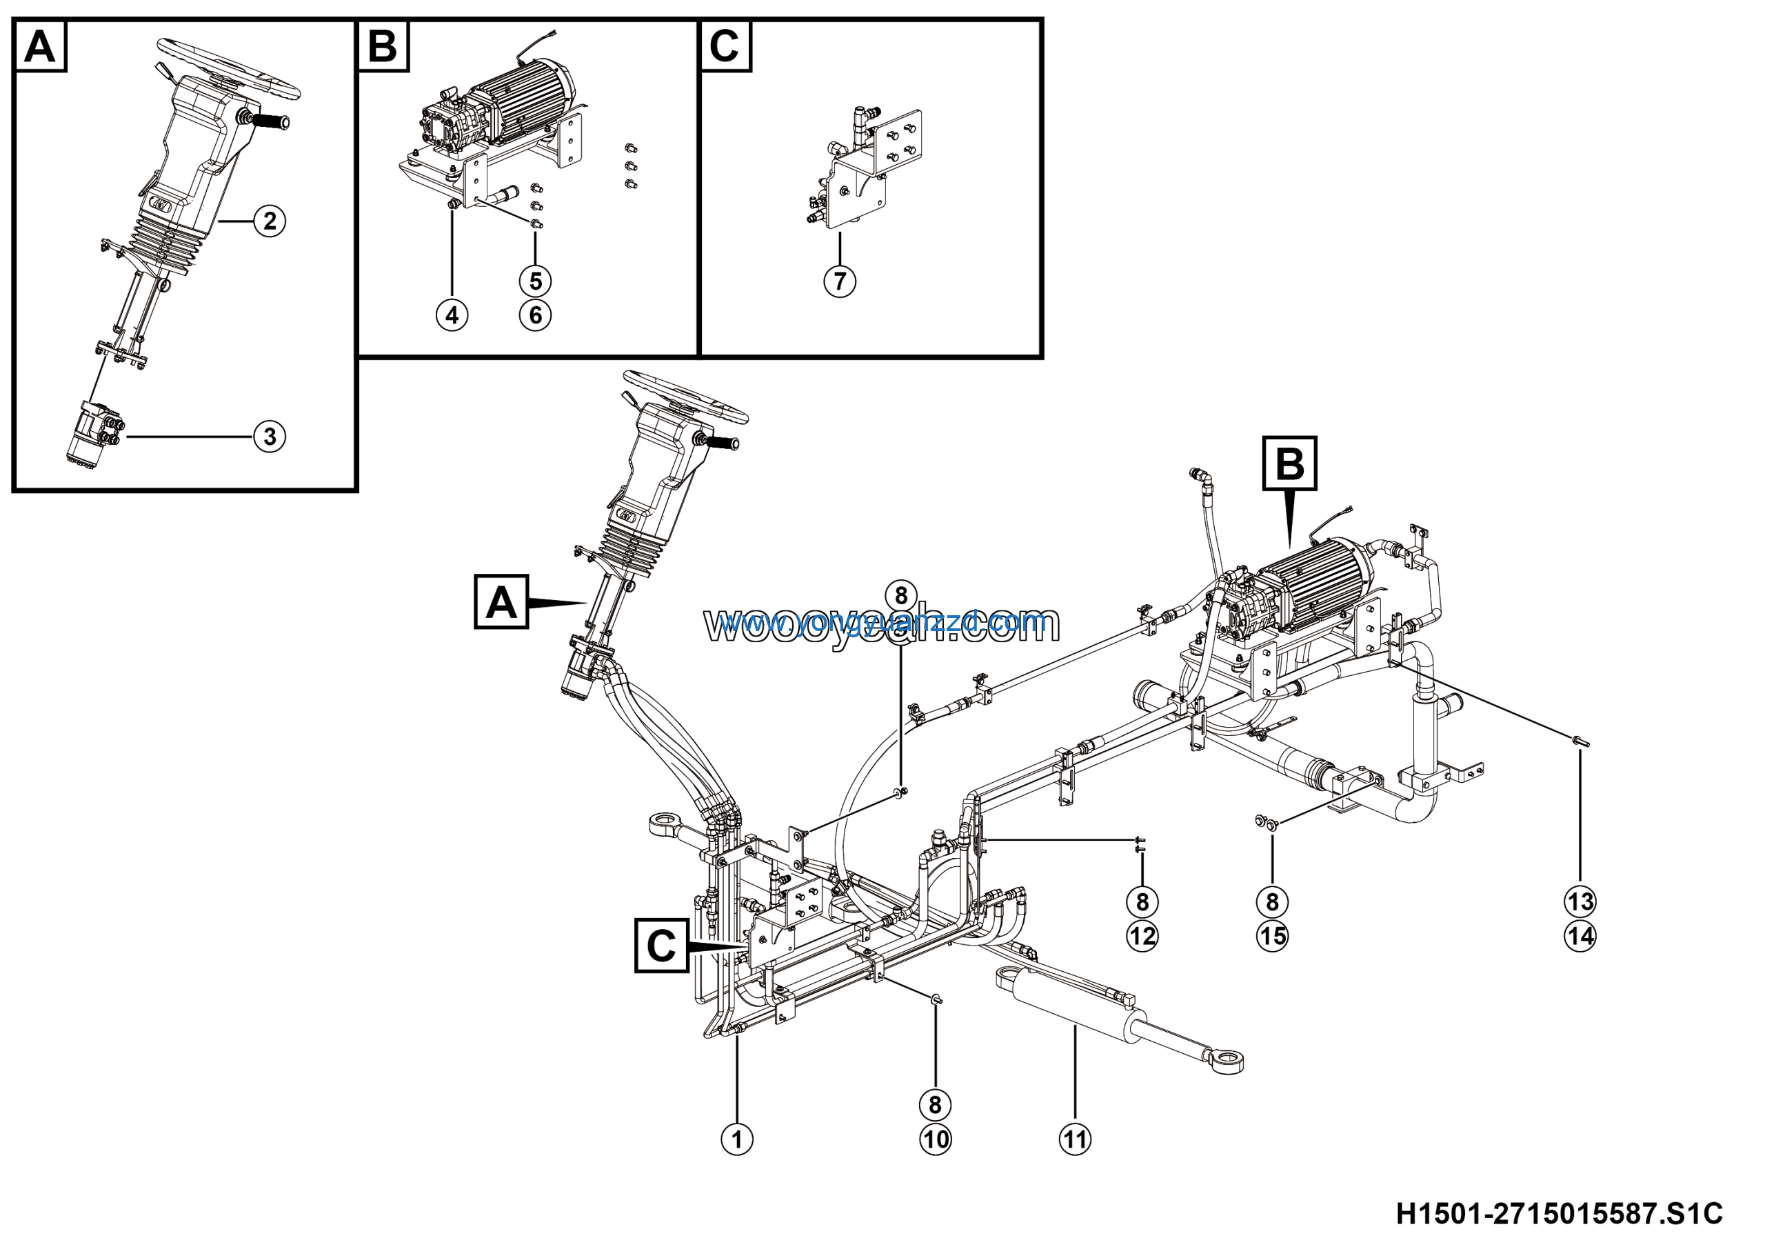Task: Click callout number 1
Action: [x=736, y=1139]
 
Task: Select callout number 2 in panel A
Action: [x=270, y=221]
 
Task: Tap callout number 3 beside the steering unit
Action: [x=270, y=437]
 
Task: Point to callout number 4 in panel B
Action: [x=452, y=315]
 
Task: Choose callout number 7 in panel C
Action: [x=840, y=281]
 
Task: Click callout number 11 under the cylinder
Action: [x=1075, y=1139]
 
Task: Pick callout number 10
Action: [x=935, y=1139]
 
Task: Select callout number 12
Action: [x=1142, y=937]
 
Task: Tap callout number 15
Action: [x=1272, y=937]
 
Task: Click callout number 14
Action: [x=1580, y=937]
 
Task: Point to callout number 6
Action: [x=535, y=315]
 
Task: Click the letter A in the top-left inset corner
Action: [x=40, y=46]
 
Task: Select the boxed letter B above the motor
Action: [x=1290, y=463]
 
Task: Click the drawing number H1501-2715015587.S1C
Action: [x=1559, y=1214]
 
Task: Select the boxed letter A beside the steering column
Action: [x=501, y=602]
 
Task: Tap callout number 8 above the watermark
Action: [x=901, y=595]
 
